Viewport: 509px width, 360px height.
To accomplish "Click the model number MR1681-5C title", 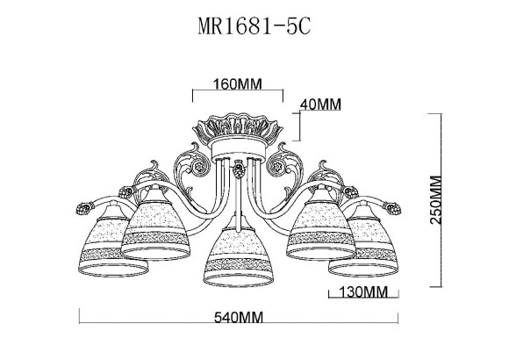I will tap(254, 27).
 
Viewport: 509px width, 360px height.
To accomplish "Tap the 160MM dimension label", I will tap(238, 85).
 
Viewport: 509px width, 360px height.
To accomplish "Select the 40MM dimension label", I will tap(319, 104).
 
